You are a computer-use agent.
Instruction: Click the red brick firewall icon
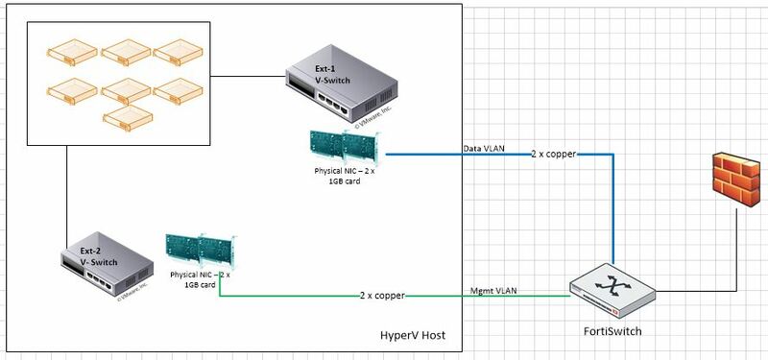pyautogui.click(x=735, y=183)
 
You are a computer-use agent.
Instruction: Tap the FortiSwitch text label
pyautogui.click(x=612, y=330)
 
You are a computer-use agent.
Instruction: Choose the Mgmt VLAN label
pyautogui.click(x=496, y=289)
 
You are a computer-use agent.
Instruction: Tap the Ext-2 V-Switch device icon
pyautogui.click(x=106, y=269)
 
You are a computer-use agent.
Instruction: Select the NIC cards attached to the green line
pyautogui.click(x=200, y=252)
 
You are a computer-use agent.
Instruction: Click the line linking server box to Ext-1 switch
pyautogui.click(x=248, y=75)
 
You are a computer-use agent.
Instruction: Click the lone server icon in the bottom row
pyautogui.click(x=128, y=116)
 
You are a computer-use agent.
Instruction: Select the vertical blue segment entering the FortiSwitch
pyautogui.click(x=612, y=211)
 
